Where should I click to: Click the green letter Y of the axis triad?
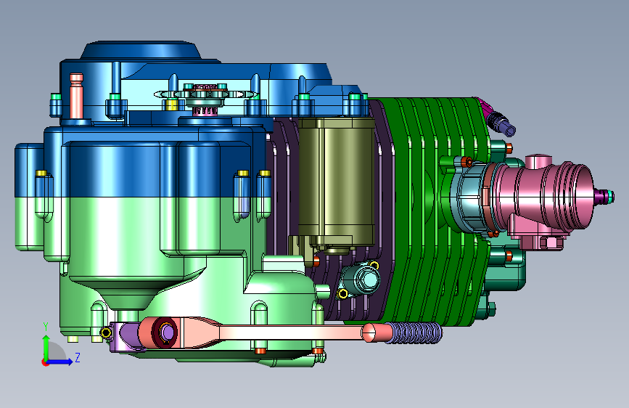pyautogui.click(x=46, y=327)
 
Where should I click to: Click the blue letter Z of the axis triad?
pyautogui.click(x=78, y=357)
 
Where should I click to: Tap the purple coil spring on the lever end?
pyautogui.click(x=414, y=333)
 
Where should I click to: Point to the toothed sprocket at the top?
pyautogui.click(x=206, y=95)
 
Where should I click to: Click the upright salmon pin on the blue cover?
pyautogui.click(x=76, y=96)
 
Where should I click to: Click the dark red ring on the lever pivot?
pyautogui.click(x=165, y=332)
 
